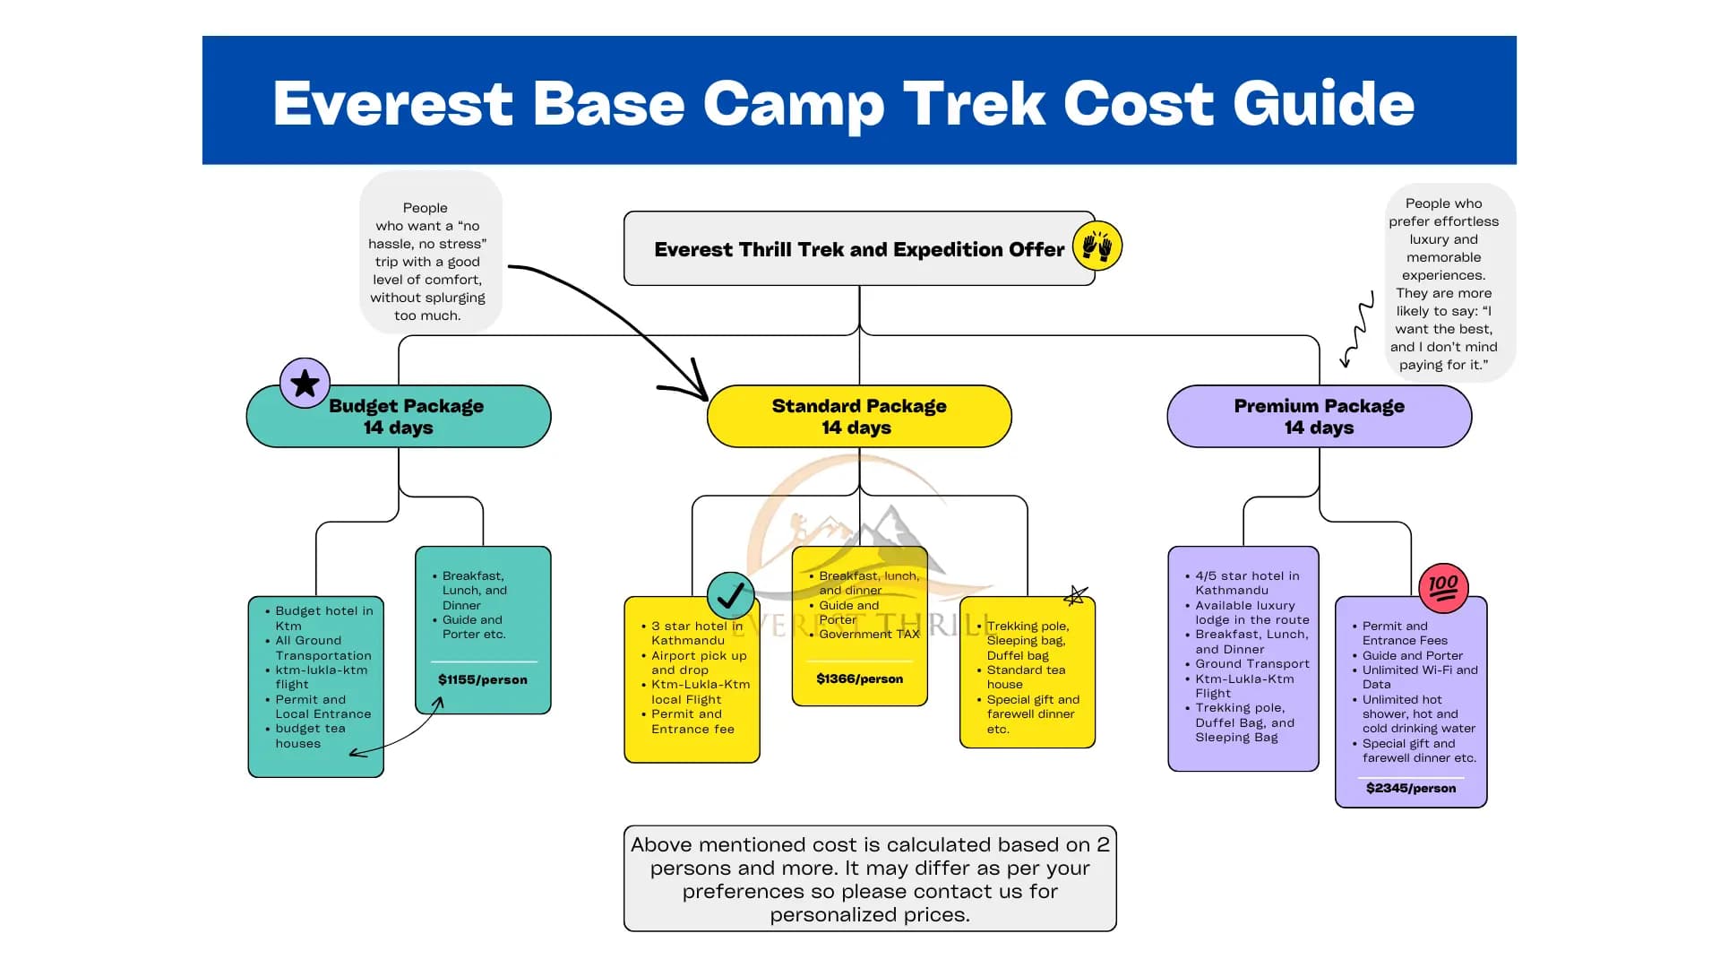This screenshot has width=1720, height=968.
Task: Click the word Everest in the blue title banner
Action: pyautogui.click(x=391, y=104)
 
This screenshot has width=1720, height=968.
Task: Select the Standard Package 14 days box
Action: pyautogui.click(x=858, y=417)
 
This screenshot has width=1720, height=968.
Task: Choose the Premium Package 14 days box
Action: pyautogui.click(x=1319, y=417)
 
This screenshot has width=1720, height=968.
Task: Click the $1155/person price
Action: pyautogui.click(x=482, y=679)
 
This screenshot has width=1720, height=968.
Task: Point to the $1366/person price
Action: pyautogui.click(x=859, y=678)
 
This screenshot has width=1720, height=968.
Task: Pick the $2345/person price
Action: pyautogui.click(x=1410, y=788)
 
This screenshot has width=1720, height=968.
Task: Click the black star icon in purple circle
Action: pyautogui.click(x=305, y=384)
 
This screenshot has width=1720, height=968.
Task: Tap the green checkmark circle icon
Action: pyautogui.click(x=730, y=595)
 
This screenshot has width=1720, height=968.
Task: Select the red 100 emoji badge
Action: pyautogui.click(x=1443, y=588)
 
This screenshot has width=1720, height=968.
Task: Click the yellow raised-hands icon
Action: pyautogui.click(x=1096, y=246)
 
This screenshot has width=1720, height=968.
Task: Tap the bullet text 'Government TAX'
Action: pyautogui.click(x=868, y=634)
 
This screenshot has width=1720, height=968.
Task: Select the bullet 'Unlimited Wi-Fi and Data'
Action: pyautogui.click(x=1419, y=677)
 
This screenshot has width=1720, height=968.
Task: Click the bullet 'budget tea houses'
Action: pyautogui.click(x=309, y=736)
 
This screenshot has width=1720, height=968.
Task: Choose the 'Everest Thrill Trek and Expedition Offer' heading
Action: pyautogui.click(x=858, y=249)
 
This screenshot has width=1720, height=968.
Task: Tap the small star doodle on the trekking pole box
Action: pyautogui.click(x=1076, y=595)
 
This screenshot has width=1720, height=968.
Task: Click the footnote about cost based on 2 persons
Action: pyautogui.click(x=869, y=878)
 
